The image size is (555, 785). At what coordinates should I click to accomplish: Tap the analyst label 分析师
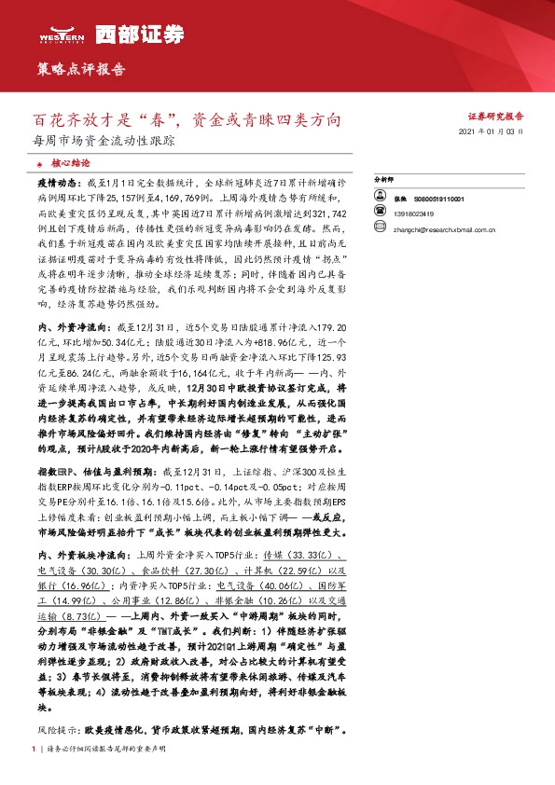click(x=384, y=177)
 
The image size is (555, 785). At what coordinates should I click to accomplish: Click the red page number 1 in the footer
click(x=34, y=748)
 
